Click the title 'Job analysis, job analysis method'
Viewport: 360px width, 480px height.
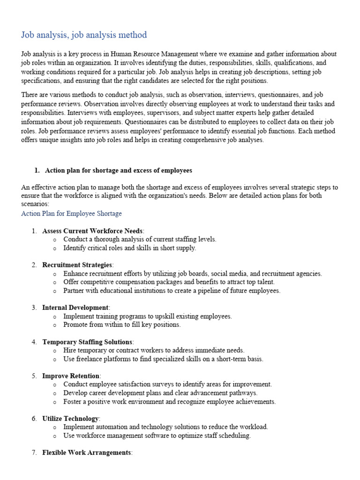click(x=84, y=35)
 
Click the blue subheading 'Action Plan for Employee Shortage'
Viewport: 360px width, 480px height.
click(x=71, y=213)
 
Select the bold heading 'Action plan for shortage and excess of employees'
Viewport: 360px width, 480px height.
click(x=118, y=170)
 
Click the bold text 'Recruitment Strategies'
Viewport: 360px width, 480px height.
click(x=77, y=265)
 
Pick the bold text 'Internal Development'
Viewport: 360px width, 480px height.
click(x=75, y=307)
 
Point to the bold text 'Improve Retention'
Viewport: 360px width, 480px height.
click(x=71, y=376)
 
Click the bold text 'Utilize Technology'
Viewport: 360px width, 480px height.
click(x=70, y=419)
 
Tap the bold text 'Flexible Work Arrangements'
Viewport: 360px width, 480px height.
click(x=86, y=453)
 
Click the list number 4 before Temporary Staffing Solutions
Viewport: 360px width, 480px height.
click(x=34, y=342)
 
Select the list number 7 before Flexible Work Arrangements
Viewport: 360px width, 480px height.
click(x=34, y=453)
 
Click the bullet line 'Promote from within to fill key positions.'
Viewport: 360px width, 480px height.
click(x=122, y=324)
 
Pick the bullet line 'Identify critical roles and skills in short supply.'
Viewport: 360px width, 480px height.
click(x=129, y=248)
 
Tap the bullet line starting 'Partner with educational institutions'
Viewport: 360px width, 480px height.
click(x=172, y=291)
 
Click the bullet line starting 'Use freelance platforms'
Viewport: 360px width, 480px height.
click(x=163, y=359)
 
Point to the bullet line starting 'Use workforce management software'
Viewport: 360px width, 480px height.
click(x=157, y=435)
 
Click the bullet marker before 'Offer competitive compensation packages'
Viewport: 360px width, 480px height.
click(x=55, y=282)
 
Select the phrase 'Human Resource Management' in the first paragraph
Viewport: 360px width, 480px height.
click(x=173, y=54)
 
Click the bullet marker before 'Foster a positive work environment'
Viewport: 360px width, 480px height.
click(x=55, y=402)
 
